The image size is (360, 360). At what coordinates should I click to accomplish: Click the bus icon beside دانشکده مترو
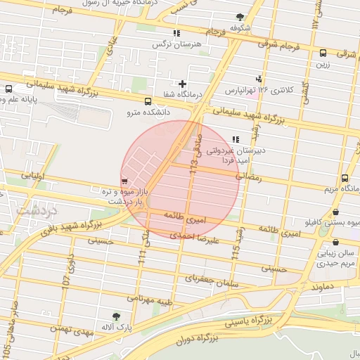146,101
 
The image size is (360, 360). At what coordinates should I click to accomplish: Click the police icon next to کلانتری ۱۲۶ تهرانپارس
259,79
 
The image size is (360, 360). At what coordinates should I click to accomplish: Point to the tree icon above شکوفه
240,16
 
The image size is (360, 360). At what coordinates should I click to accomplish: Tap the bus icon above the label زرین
323,53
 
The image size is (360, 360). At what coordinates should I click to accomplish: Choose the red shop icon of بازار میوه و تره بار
124,181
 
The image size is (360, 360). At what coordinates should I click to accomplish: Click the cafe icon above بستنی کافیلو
335,213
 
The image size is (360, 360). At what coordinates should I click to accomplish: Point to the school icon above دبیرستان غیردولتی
235,139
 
